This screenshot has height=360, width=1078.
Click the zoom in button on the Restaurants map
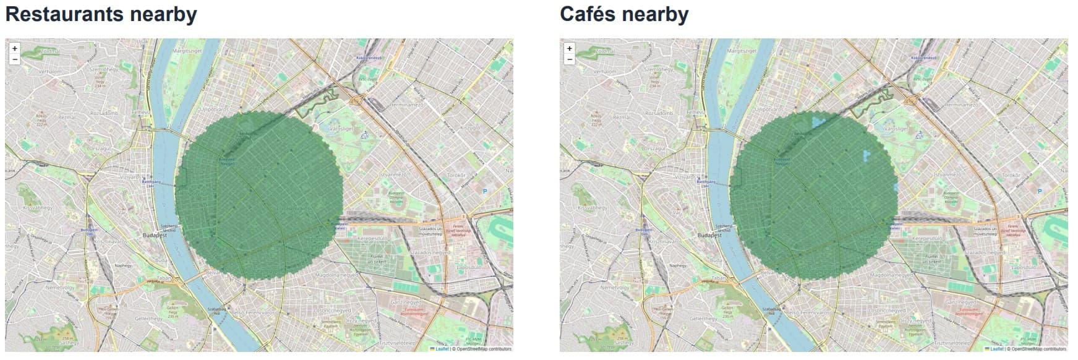point(15,48)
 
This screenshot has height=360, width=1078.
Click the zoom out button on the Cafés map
point(570,59)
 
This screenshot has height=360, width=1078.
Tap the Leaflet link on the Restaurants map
point(442,349)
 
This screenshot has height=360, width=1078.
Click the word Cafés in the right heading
point(593,14)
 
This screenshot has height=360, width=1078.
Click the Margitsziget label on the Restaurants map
point(187,50)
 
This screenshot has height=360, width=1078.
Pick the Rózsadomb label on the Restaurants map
point(104,113)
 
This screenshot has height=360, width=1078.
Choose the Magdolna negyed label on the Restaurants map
point(336,274)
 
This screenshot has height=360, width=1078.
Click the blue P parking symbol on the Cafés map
point(1040,192)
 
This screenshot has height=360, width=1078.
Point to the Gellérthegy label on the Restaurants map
point(148,319)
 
